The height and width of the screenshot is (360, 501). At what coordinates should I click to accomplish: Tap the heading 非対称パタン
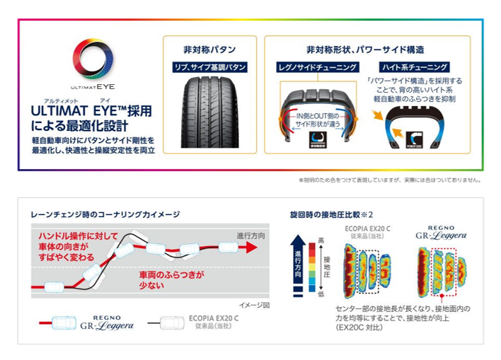pos(209,50)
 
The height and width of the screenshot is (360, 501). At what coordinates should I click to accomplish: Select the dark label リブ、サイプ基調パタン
pos(209,67)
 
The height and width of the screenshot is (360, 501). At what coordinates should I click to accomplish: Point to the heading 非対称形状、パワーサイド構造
pos(365,50)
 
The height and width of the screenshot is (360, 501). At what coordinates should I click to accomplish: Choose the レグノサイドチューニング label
pos(317,67)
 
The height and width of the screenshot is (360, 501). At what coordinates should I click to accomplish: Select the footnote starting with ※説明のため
pos(389,180)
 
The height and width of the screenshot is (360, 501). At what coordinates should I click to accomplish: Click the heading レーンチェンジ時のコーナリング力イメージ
pos(105,214)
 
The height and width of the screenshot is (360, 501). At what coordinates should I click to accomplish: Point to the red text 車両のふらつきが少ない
pos(171,279)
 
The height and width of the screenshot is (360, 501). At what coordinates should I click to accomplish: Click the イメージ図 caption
pos(255,306)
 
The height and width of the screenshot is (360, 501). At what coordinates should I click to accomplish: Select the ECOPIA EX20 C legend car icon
pos(171,323)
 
